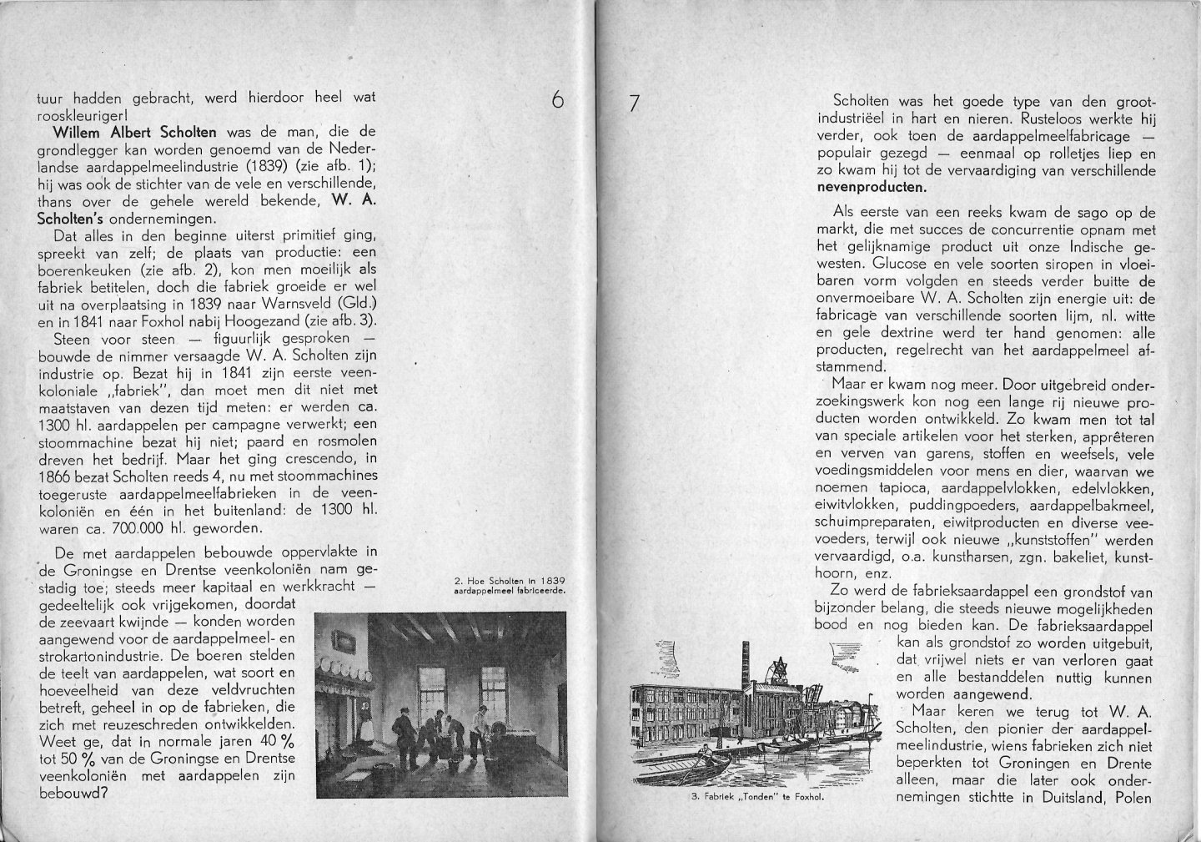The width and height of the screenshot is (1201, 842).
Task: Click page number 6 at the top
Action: pyautogui.click(x=558, y=100)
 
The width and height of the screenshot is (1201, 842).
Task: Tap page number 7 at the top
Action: pyautogui.click(x=635, y=103)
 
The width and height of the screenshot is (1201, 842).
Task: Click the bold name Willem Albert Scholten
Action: pyautogui.click(x=134, y=132)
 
